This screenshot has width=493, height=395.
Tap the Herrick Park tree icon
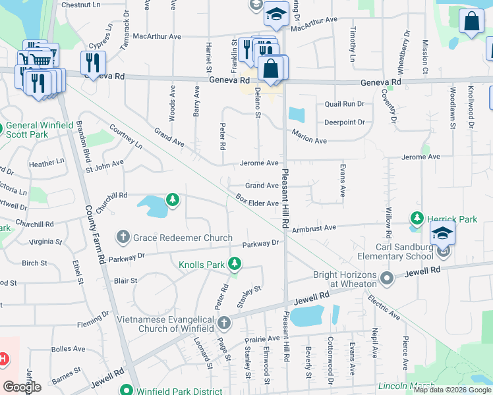click(x=417, y=217)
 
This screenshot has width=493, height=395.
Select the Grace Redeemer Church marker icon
click(x=123, y=236)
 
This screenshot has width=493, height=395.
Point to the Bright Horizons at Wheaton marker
click(x=387, y=278)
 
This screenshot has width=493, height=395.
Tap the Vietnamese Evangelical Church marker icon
click(x=224, y=323)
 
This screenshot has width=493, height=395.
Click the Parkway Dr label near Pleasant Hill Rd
click(x=260, y=243)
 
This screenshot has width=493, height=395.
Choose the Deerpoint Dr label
click(x=344, y=122)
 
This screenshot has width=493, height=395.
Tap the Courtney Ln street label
click(x=126, y=135)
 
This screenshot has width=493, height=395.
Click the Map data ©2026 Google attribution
click(x=451, y=390)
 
